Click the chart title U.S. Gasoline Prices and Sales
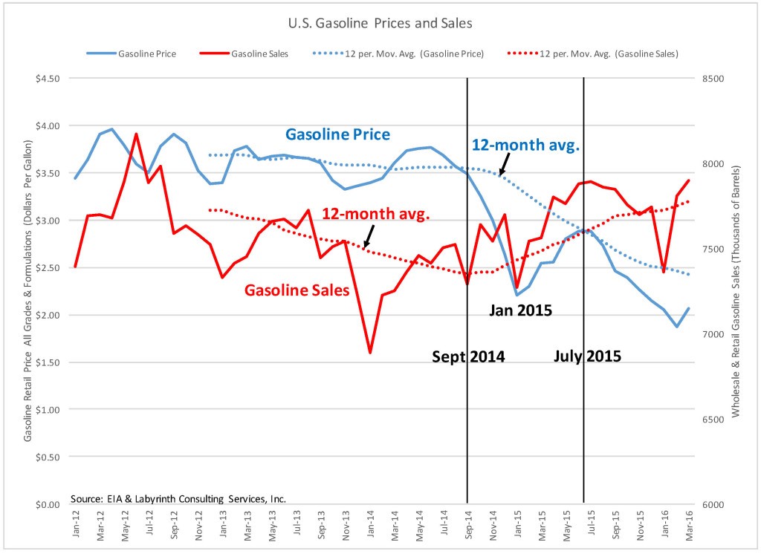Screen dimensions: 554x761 (380, 23)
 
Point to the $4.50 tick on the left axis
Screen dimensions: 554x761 (47, 79)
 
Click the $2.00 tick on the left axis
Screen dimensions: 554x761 (47, 315)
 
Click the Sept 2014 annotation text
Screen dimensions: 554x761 (468, 357)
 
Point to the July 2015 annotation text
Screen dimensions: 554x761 (588, 356)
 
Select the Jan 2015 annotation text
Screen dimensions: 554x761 (520, 310)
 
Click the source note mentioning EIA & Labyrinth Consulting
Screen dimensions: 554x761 (178, 498)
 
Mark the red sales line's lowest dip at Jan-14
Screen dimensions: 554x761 (369, 353)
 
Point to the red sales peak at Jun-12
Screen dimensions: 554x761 (136, 134)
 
